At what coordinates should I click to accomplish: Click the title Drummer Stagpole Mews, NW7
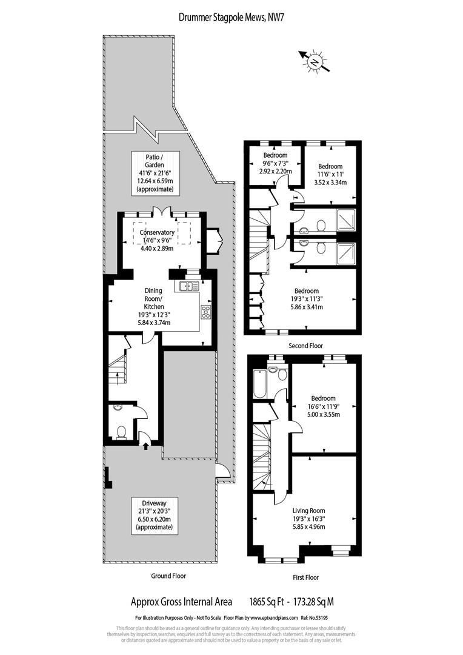[232, 17]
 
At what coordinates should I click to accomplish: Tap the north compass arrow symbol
[314, 61]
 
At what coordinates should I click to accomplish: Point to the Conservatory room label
[157, 233]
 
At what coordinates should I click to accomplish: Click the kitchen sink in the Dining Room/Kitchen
[188, 285]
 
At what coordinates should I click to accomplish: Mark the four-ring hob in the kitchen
[206, 312]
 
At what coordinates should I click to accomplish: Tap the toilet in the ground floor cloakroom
[121, 432]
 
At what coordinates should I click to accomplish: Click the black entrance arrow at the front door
[146, 446]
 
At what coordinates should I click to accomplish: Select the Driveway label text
[155, 503]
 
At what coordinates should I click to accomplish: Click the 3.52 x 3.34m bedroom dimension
[330, 182]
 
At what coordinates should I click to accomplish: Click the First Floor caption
[301, 577]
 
